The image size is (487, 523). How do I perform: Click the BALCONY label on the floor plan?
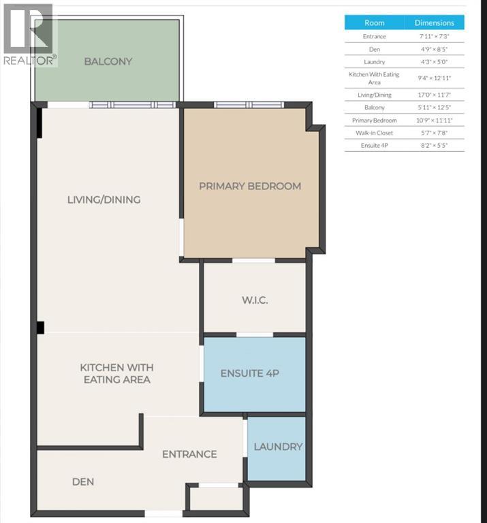tap(108, 61)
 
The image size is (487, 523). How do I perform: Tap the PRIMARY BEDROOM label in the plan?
tap(249, 186)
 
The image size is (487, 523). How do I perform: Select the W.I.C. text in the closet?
tap(255, 300)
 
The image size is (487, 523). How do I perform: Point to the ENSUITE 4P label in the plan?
tap(250, 374)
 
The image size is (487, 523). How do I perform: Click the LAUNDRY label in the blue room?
tap(277, 447)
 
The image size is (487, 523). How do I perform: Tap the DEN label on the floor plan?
tap(83, 482)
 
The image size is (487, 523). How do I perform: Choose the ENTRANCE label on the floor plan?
tap(189, 454)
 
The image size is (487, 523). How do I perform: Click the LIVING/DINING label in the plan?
tap(104, 200)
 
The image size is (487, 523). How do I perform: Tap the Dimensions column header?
tap(434, 22)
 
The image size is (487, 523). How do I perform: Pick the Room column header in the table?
tap(374, 22)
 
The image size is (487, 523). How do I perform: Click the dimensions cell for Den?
tap(434, 49)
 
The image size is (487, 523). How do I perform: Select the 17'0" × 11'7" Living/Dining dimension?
tap(434, 95)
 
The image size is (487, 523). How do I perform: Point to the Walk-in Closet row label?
tap(374, 133)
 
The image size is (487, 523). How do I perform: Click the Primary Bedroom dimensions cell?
tap(434, 120)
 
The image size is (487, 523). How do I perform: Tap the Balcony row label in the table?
tap(374, 108)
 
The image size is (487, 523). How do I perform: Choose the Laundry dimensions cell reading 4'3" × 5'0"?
tap(434, 62)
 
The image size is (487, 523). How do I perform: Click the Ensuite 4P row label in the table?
tap(374, 146)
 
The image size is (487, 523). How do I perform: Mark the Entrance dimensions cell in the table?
tap(434, 36)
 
